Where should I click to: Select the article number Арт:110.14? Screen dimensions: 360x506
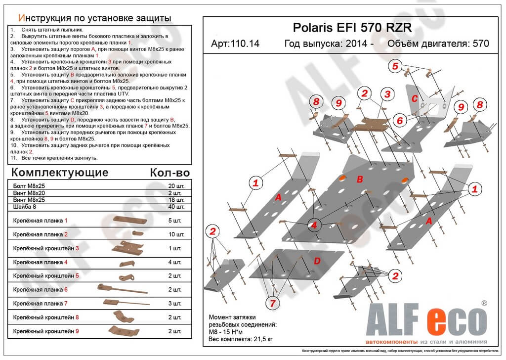point(235,44)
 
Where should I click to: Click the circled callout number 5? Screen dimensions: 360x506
point(395,66)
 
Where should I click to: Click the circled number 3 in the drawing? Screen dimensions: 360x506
point(387,94)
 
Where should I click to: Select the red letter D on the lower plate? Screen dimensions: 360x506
point(317,261)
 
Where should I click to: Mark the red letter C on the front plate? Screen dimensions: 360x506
point(415,98)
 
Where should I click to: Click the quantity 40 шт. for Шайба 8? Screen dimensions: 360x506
point(176,206)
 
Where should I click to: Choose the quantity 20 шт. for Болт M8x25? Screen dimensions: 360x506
point(176,186)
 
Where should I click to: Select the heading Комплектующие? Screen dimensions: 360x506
point(59,173)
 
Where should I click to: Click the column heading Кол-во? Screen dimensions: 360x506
point(169,173)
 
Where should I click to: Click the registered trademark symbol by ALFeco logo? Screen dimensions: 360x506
point(484,302)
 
